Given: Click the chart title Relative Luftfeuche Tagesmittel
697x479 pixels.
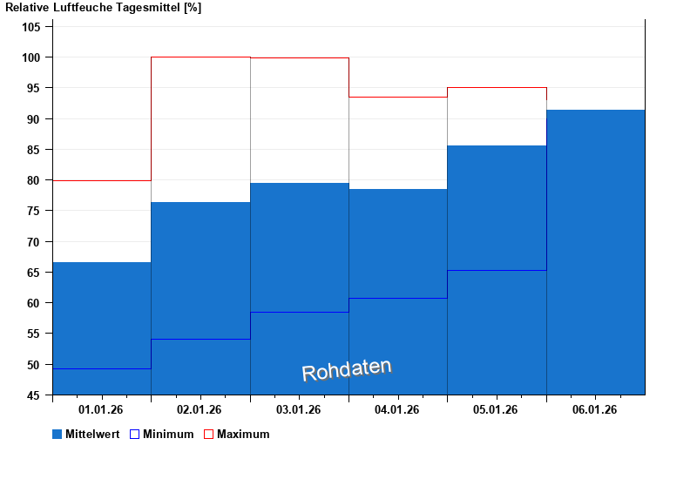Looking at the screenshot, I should pyautogui.click(x=103, y=8).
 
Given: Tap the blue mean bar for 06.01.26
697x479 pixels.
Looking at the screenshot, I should pyautogui.click(x=596, y=253).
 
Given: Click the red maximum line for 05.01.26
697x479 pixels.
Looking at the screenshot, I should pyautogui.click(x=497, y=88).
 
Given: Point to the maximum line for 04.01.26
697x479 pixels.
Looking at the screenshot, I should pyautogui.click(x=398, y=97).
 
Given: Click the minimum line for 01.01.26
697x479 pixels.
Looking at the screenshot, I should pyautogui.click(x=101, y=368).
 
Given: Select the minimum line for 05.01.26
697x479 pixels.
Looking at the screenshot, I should pyautogui.click(x=497, y=270).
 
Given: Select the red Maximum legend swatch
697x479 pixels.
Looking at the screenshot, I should pyautogui.click(x=208, y=434).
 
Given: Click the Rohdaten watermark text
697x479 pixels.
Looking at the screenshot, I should pyautogui.click(x=347, y=369).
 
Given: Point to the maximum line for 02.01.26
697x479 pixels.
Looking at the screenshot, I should pyautogui.click(x=200, y=57).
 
